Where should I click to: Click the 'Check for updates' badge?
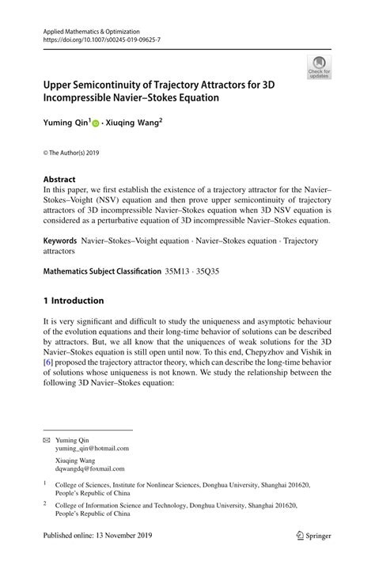coord(318,67)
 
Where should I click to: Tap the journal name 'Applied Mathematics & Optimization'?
coord(93,28)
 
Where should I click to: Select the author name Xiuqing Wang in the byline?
coord(134,124)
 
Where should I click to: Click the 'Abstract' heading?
coord(59,179)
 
